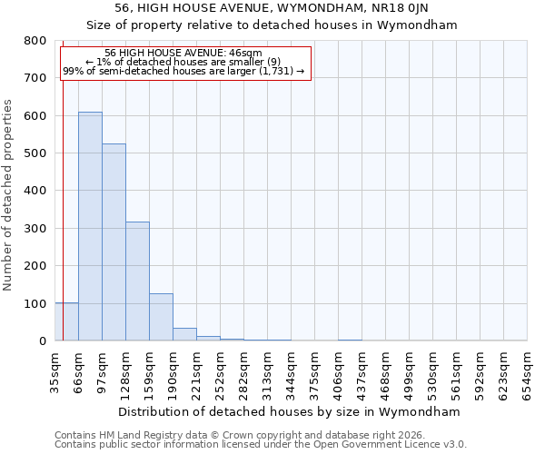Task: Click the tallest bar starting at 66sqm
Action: click(x=90, y=227)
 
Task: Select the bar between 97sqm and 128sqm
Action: click(x=114, y=242)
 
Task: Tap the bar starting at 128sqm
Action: click(x=137, y=281)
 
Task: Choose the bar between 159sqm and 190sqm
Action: click(x=161, y=317)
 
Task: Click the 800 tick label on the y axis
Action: click(x=35, y=41)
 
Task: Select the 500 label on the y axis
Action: click(x=35, y=153)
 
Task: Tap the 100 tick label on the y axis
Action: click(x=35, y=303)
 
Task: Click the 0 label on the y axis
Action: click(x=42, y=341)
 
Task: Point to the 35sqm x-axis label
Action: click(x=55, y=370)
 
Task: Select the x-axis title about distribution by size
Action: click(x=290, y=412)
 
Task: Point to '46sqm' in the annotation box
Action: click(x=246, y=54)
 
